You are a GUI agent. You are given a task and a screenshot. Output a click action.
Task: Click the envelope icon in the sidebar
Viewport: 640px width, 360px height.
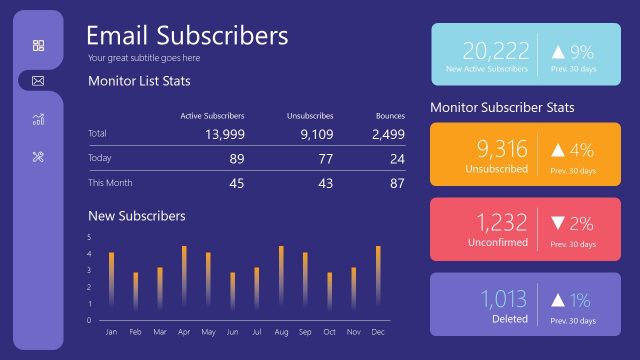click(x=38, y=80)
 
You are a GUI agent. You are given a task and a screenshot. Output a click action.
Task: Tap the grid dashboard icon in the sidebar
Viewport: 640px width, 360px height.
click(x=38, y=45)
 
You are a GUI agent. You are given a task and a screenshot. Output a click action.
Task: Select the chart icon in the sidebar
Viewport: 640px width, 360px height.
click(x=38, y=119)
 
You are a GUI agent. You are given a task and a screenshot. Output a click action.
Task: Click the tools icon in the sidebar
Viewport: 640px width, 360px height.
click(x=38, y=156)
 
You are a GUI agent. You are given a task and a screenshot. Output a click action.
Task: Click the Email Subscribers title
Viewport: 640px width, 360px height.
click(x=187, y=35)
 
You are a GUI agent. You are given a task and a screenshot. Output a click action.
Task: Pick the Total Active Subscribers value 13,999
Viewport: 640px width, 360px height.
click(x=224, y=134)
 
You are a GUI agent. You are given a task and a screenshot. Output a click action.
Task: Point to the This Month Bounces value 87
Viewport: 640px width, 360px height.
click(x=397, y=183)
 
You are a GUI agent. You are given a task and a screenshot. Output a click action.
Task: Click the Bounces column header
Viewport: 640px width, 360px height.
click(x=390, y=116)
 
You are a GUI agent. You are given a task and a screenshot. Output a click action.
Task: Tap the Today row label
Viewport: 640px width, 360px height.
click(x=100, y=158)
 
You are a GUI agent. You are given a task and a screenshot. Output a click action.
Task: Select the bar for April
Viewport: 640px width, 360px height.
click(x=184, y=277)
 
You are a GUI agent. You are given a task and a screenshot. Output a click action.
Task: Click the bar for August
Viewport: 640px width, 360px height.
click(x=281, y=277)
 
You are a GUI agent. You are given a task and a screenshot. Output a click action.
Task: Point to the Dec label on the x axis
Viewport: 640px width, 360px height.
click(x=378, y=331)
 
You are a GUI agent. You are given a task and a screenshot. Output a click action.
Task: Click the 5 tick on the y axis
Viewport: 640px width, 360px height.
click(x=89, y=237)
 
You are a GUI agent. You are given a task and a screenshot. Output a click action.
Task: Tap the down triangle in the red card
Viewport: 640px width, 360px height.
click(x=559, y=224)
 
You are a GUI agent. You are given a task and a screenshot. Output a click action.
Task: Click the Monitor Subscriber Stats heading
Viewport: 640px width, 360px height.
click(x=502, y=107)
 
